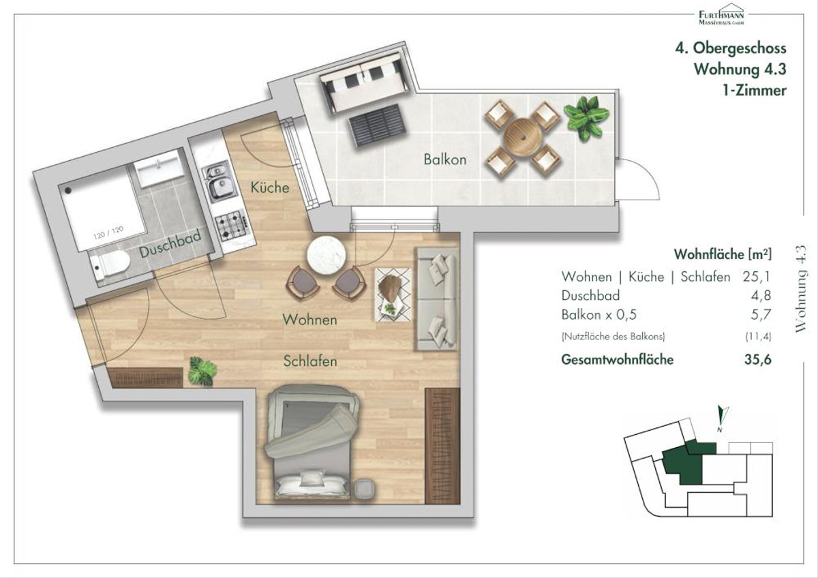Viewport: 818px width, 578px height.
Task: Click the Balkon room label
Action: [444, 159]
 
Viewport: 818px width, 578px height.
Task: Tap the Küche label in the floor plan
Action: [270, 187]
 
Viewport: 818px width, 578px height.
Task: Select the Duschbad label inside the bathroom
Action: [170, 244]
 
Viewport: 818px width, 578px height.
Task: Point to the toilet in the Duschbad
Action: [110, 265]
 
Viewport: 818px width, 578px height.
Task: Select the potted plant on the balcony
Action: [586, 117]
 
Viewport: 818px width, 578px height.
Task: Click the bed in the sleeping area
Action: [312, 442]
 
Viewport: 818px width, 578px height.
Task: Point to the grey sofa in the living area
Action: [436, 299]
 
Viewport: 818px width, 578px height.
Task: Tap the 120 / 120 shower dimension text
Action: [108, 232]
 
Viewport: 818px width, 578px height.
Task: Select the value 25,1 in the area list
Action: [756, 277]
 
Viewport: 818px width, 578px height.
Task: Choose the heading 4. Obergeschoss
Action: [730, 48]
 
